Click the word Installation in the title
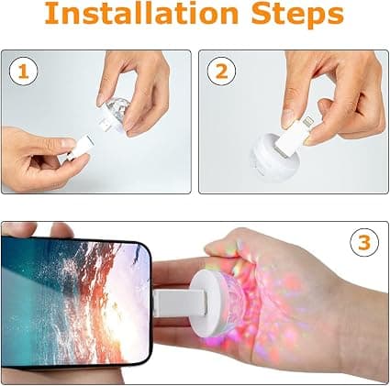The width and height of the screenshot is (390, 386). (141, 14)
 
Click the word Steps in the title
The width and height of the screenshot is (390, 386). (297, 16)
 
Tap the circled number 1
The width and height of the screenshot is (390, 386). (23, 72)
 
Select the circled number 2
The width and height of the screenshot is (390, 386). (221, 72)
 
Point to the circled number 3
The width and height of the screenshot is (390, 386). (364, 243)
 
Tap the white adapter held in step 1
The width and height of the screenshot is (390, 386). (80, 147)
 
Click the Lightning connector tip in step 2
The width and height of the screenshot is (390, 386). (307, 123)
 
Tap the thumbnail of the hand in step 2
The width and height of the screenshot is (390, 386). (288, 119)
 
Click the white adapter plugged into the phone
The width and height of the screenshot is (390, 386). (179, 303)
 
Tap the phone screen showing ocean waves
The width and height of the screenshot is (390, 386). (75, 302)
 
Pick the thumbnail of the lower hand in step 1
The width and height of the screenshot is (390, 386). (68, 142)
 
